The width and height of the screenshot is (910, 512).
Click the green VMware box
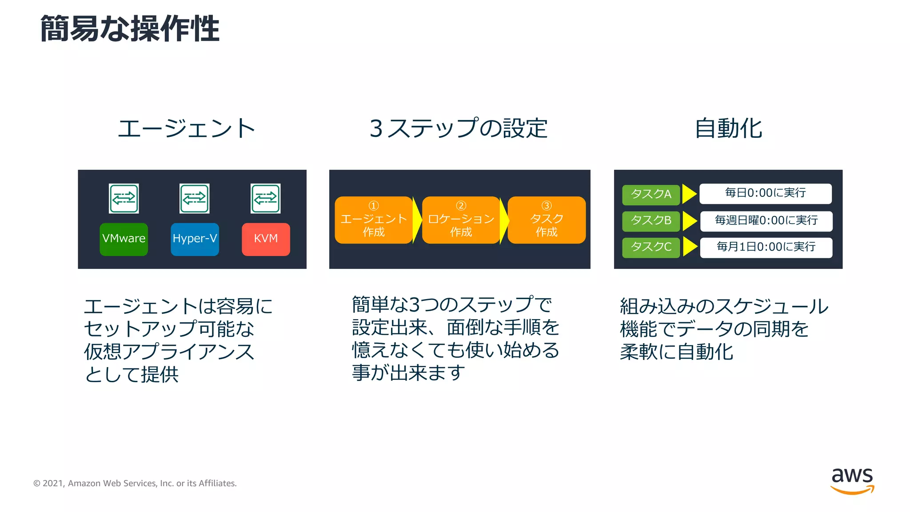click(x=124, y=239)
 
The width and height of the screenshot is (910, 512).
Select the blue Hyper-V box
click(x=195, y=239)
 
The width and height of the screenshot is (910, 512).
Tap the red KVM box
click(x=266, y=239)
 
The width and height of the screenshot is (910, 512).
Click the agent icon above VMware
click(x=124, y=198)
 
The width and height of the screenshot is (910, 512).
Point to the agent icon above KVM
click(x=266, y=198)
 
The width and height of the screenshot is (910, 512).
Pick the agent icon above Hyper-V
click(x=195, y=198)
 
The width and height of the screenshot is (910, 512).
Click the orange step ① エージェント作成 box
click(x=373, y=220)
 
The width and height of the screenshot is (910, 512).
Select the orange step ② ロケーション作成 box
click(x=461, y=220)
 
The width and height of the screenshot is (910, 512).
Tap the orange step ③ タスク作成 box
click(x=547, y=220)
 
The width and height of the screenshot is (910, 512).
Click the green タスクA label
click(x=651, y=195)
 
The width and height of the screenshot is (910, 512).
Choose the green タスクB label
click(x=651, y=221)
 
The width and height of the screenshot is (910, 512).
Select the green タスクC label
click(x=651, y=248)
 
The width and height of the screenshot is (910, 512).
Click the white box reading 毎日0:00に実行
click(x=765, y=194)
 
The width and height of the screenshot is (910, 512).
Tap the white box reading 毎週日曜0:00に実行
click(x=766, y=221)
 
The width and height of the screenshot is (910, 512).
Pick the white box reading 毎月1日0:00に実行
click(x=766, y=248)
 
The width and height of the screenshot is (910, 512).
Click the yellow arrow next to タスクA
click(x=689, y=194)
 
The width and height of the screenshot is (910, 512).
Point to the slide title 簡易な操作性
click(x=130, y=29)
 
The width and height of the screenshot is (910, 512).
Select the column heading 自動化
click(x=728, y=128)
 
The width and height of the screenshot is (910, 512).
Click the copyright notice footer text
click(x=135, y=484)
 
